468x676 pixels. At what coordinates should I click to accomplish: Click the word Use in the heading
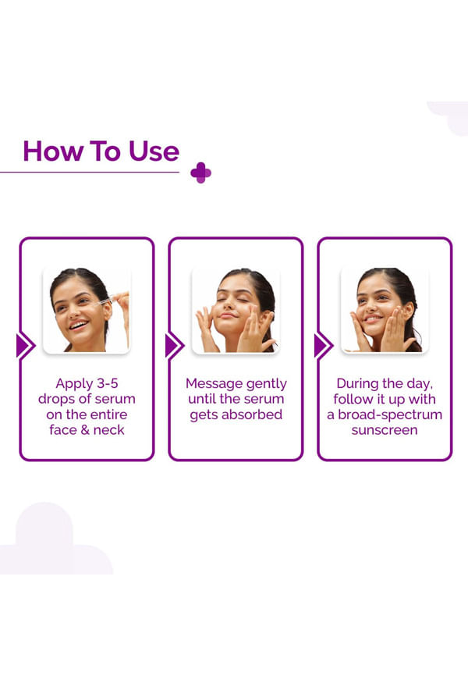point(154,151)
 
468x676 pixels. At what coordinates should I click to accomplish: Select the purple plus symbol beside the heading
point(200,173)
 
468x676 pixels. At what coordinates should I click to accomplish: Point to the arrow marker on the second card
point(175,346)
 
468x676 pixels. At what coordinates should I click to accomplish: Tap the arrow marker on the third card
point(324,346)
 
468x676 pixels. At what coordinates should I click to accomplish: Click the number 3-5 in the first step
point(107,383)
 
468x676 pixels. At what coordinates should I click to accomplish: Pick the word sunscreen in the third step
point(385,430)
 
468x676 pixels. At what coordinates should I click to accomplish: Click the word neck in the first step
point(108,430)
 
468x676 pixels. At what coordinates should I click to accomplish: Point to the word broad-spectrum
point(391,414)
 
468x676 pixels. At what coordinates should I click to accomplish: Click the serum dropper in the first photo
point(105,301)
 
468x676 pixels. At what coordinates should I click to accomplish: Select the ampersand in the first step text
point(84,430)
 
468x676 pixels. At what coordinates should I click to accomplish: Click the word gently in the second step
point(267,384)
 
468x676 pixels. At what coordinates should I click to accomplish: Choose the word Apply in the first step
point(74,384)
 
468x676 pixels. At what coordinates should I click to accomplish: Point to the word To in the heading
point(105,151)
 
